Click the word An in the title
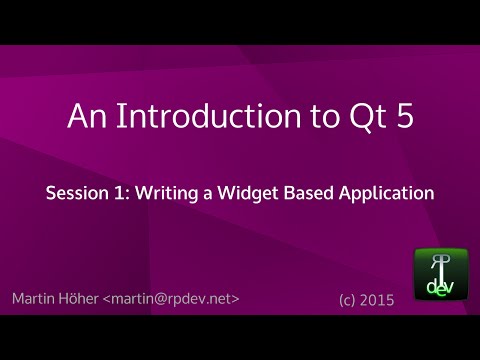click(84, 118)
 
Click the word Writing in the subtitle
click(166, 193)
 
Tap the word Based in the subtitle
click(318, 193)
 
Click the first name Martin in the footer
click(37, 299)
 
